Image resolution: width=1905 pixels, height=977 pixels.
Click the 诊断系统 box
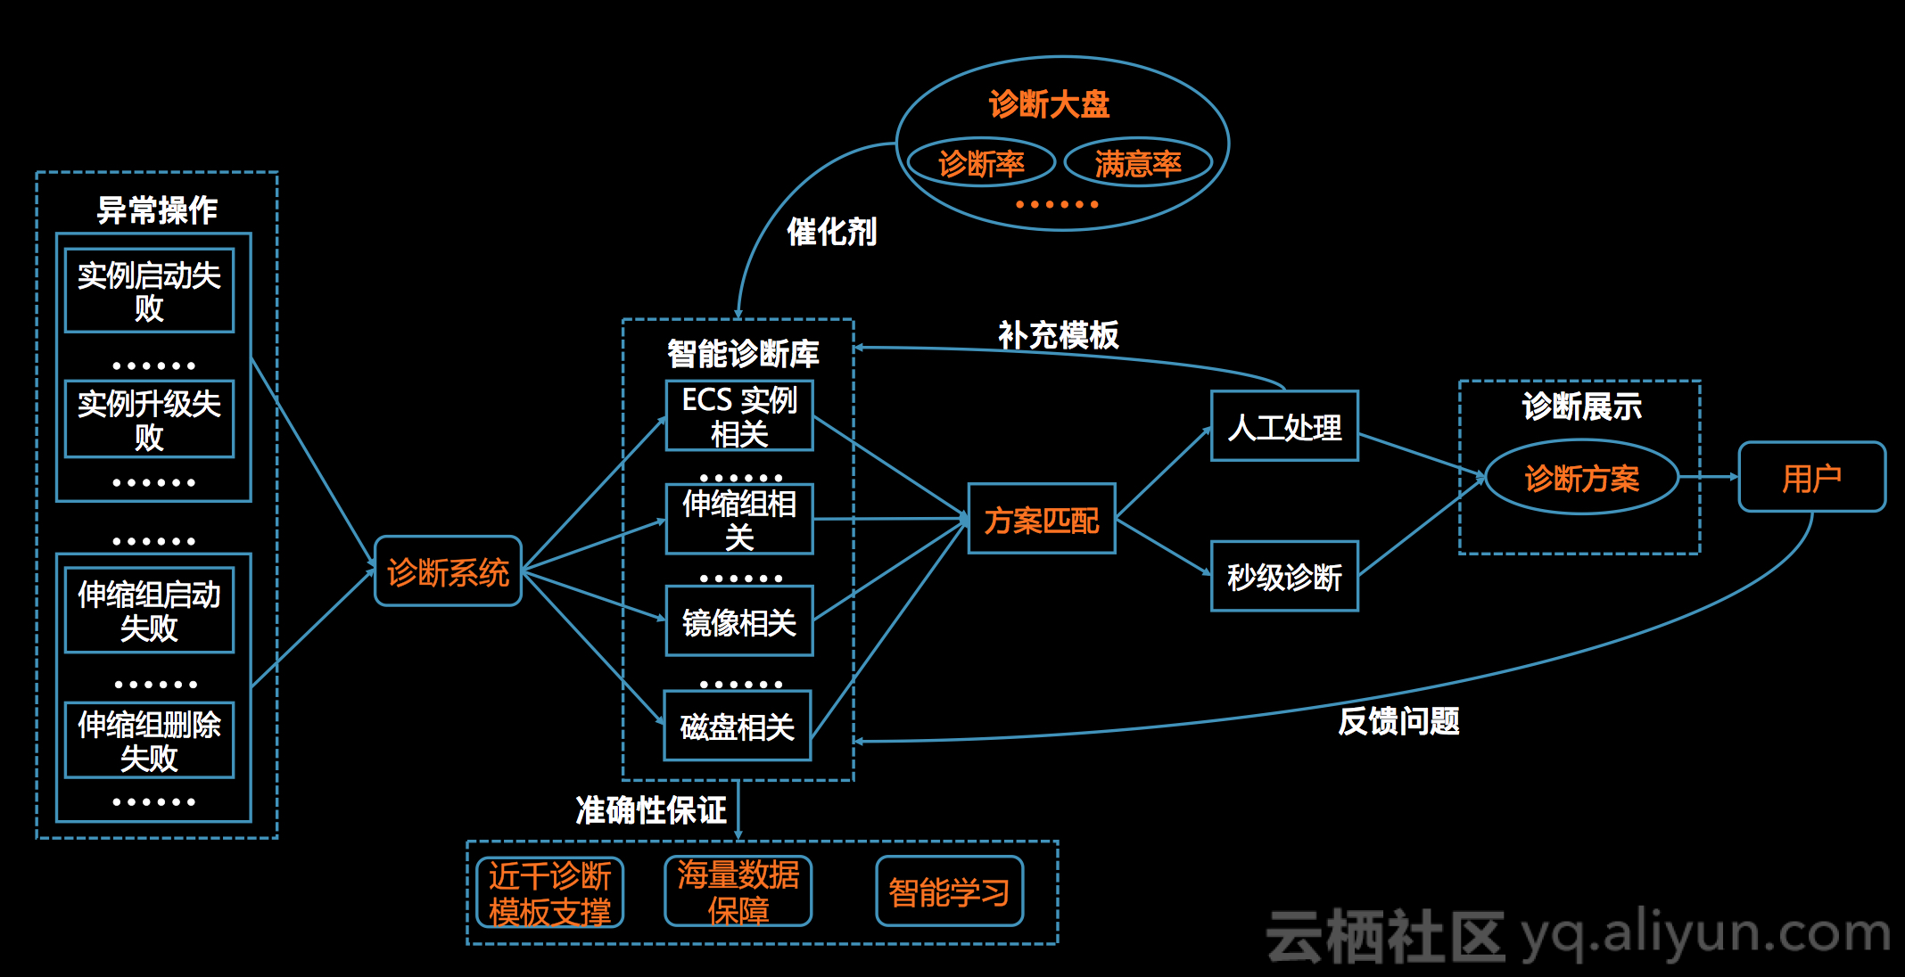point(448,571)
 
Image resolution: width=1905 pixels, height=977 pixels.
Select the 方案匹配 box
point(1042,519)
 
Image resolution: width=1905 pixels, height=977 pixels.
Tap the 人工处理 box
point(1284,426)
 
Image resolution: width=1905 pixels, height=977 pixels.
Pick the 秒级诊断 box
point(1284,576)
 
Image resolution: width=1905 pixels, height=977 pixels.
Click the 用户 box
point(1812,477)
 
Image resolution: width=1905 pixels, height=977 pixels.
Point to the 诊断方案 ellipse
point(1582,478)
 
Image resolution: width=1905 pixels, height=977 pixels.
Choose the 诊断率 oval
point(981,162)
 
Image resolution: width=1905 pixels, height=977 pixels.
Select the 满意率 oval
point(1138,162)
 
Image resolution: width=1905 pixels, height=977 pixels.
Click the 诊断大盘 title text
point(1049,103)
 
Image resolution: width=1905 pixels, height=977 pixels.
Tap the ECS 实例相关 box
point(739,415)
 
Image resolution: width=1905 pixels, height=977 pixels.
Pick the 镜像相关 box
point(739,620)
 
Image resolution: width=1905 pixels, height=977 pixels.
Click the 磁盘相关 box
point(738,726)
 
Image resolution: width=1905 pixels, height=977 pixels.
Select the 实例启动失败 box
point(149,291)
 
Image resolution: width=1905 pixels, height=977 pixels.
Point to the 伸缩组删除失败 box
point(149,740)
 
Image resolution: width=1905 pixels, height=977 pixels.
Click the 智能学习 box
point(950,891)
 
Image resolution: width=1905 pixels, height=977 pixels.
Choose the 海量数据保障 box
point(738,891)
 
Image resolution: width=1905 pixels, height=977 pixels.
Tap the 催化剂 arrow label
point(831,232)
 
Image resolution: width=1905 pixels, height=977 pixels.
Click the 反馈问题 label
point(1398,720)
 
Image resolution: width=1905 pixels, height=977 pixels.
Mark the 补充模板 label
point(1058,334)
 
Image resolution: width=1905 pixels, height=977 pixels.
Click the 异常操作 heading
point(157,209)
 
